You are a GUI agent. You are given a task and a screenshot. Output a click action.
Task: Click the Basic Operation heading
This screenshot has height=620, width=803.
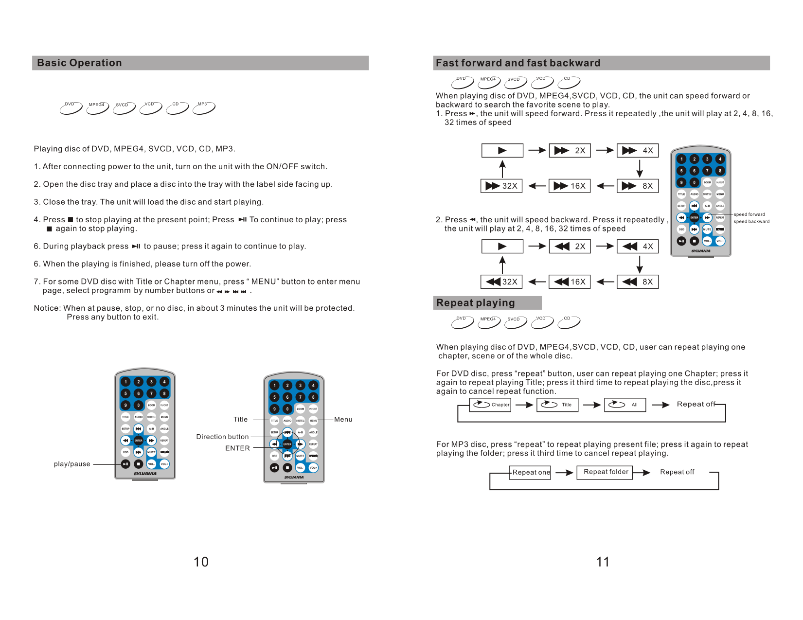79,63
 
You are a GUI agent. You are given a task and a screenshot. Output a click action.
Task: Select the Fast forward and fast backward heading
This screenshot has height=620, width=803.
518,63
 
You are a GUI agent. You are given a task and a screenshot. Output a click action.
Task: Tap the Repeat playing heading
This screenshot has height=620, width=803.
475,303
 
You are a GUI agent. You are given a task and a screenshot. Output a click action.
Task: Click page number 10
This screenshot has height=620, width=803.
201,562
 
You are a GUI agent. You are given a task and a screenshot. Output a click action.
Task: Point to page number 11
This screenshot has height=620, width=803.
603,562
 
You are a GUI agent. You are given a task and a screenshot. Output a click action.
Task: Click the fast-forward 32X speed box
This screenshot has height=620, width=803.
501,186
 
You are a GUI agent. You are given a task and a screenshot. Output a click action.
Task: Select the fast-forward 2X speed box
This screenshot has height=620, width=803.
570,150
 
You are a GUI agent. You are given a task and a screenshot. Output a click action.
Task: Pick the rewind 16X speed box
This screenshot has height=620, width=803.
570,282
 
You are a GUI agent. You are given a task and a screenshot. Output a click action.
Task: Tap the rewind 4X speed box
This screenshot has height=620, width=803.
637,246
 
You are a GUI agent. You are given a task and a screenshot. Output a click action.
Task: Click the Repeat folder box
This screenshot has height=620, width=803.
605,472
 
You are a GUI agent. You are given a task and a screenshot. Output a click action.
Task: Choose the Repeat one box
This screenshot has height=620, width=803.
531,472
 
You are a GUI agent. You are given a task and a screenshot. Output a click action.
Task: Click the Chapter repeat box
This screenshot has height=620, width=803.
490,405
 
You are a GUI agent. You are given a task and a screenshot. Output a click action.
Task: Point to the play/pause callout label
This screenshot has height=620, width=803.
72,464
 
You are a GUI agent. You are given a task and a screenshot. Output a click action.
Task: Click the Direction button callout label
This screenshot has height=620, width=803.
222,437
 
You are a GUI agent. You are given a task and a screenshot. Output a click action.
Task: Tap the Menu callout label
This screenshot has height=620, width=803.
343,419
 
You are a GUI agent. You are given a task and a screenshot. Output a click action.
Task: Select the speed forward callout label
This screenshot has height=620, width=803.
749,214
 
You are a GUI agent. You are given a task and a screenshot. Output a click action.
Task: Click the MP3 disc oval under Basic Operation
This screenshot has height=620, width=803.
204,107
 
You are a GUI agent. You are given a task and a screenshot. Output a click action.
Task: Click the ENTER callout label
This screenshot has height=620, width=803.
237,448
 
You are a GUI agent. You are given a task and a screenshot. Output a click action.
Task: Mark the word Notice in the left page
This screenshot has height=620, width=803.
47,308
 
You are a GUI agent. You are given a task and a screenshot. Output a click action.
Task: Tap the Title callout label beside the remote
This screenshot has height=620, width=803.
240,419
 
